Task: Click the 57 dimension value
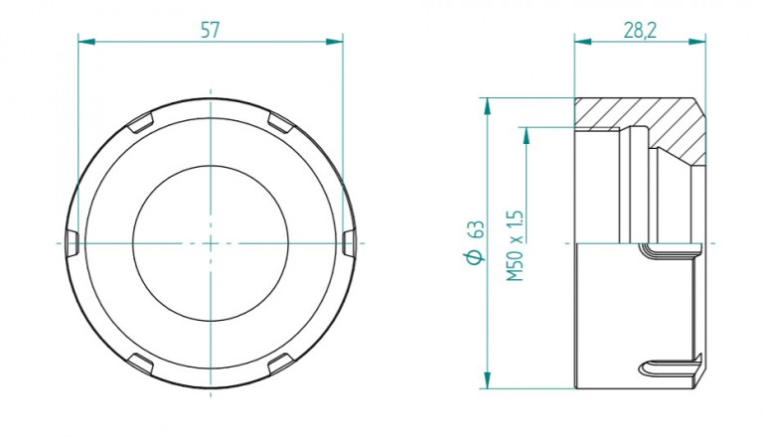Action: point(211,30)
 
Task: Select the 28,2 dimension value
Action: point(640,30)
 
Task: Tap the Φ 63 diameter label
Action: point(476,242)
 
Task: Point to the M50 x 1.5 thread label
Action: point(515,245)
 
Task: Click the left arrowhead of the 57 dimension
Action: point(86,42)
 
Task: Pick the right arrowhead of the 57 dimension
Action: point(335,42)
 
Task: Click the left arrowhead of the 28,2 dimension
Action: point(582,42)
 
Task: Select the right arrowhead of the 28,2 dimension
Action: point(697,42)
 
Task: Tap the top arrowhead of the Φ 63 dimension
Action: point(487,106)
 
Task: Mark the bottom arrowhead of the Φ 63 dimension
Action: point(487,380)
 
